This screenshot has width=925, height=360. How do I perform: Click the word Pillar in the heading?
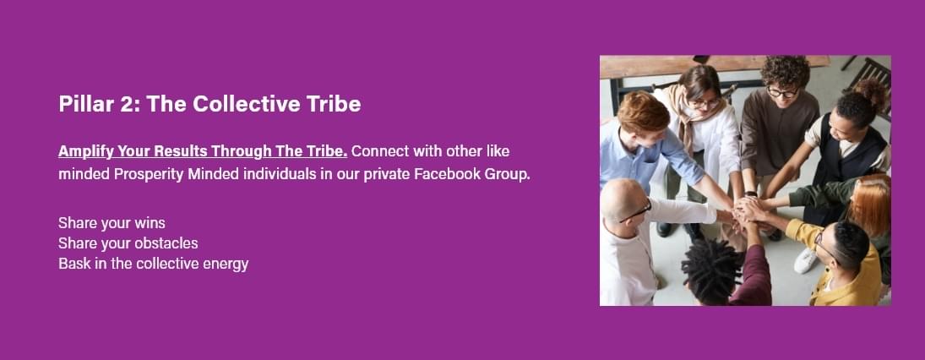[x=78, y=104]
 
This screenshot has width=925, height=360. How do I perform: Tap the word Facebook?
[x=447, y=175]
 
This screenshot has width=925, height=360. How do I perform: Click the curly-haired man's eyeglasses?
[x=783, y=92]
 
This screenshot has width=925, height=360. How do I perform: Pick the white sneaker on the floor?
[x=806, y=260]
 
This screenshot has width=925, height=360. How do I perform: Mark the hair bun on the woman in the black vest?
[x=869, y=92]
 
